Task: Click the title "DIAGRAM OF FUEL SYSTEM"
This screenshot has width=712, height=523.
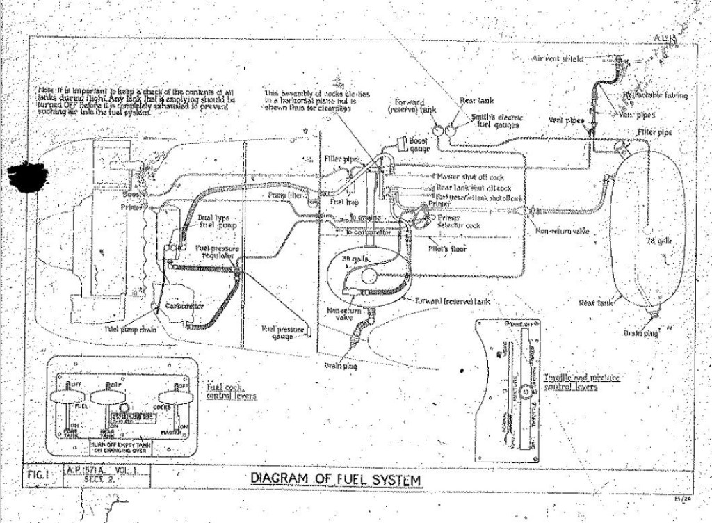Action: click(x=335, y=479)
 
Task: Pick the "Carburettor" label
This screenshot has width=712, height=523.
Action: click(x=184, y=306)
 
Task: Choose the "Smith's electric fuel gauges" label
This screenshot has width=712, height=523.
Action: click(x=496, y=122)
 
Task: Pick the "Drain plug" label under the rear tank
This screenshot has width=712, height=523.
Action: click(x=640, y=333)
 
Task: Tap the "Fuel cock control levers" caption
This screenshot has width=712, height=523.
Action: click(x=231, y=391)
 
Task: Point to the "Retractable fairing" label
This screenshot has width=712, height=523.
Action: click(x=656, y=95)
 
